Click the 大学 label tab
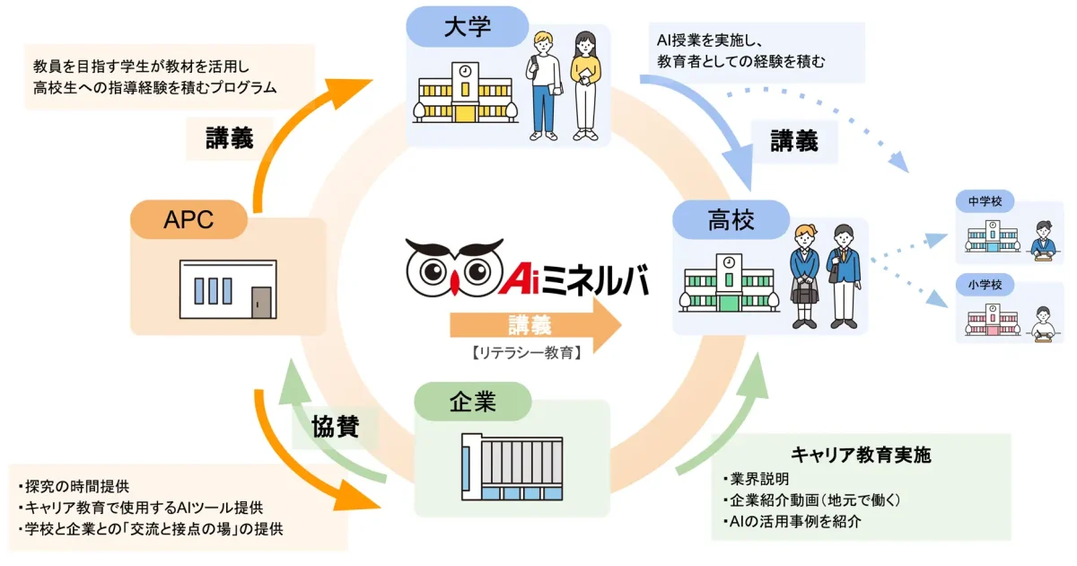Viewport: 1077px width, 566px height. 468,27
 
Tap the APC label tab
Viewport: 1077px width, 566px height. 188,219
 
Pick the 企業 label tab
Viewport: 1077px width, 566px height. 472,402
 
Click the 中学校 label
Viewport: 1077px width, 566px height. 985,202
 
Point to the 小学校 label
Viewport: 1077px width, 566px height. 985,286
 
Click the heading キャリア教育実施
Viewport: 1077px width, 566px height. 861,455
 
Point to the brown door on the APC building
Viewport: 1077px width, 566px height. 261,301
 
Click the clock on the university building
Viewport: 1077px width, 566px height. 465,71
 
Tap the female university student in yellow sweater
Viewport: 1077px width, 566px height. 584,85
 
